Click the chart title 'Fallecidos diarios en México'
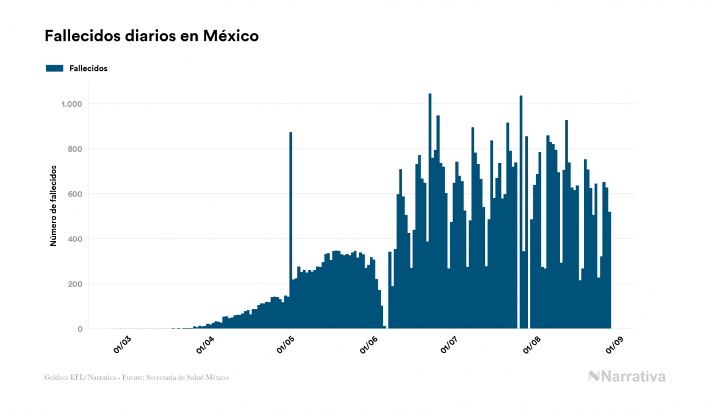click(x=151, y=36)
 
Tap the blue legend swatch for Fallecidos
click(x=54, y=68)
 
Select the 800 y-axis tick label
click(x=74, y=149)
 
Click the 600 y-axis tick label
click(x=74, y=195)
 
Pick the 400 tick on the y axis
click(x=74, y=239)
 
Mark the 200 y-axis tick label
click(x=74, y=284)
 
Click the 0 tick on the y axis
click(x=79, y=329)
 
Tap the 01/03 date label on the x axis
click(x=123, y=345)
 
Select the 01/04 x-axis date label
click(x=205, y=345)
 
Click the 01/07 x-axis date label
click(x=450, y=345)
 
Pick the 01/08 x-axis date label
click(x=532, y=345)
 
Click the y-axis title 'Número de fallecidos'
click(x=53, y=205)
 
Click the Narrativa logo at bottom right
click(x=627, y=376)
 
